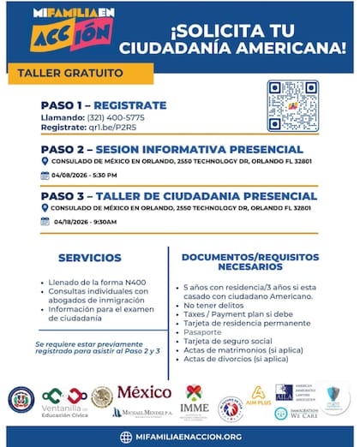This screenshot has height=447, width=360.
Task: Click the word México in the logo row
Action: click(144, 393)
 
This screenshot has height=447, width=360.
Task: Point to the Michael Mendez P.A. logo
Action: click(141, 413)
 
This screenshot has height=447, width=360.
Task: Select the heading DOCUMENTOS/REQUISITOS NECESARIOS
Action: click(250, 261)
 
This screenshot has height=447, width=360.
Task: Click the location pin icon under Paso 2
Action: click(45, 160)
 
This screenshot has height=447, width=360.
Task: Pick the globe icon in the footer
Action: click(126, 437)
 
